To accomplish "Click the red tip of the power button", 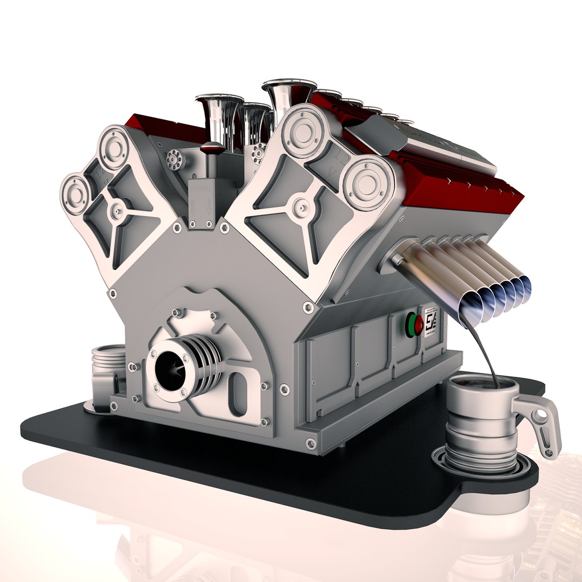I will pos(418,325).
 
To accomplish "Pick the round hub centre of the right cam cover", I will pos(301,207).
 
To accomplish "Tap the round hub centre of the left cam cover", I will pos(116,211).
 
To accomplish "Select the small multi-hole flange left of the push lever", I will pos(175,160).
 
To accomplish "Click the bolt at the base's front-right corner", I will pos(310,443).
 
